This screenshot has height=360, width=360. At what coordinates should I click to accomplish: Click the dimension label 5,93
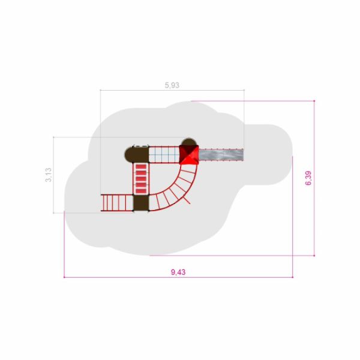click(x=172, y=85)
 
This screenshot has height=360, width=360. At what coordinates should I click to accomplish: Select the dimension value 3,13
click(x=49, y=175)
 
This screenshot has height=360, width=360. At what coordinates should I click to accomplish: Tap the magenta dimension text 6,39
click(x=308, y=178)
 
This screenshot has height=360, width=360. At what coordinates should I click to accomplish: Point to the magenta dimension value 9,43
click(x=178, y=272)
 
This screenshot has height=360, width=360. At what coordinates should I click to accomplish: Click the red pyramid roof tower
click(x=189, y=155)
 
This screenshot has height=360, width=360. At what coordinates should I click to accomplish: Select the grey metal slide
click(x=221, y=155)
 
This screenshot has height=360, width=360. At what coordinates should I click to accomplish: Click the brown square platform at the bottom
click(x=141, y=203)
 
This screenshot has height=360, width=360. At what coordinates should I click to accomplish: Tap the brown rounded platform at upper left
click(x=137, y=155)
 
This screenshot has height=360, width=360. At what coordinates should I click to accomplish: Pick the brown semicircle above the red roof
click(x=189, y=142)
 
